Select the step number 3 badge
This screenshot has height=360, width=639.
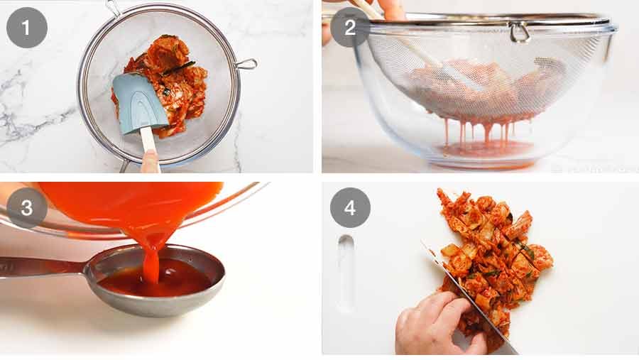pyautogui.click(x=26, y=207)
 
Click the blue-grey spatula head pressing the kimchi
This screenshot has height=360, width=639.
pyautogui.click(x=139, y=102)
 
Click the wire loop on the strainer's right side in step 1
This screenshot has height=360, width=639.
pyautogui.click(x=246, y=65)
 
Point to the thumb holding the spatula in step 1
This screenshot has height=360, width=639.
pyautogui.click(x=150, y=162)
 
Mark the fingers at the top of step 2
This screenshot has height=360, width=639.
pyautogui.click(x=387, y=9)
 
